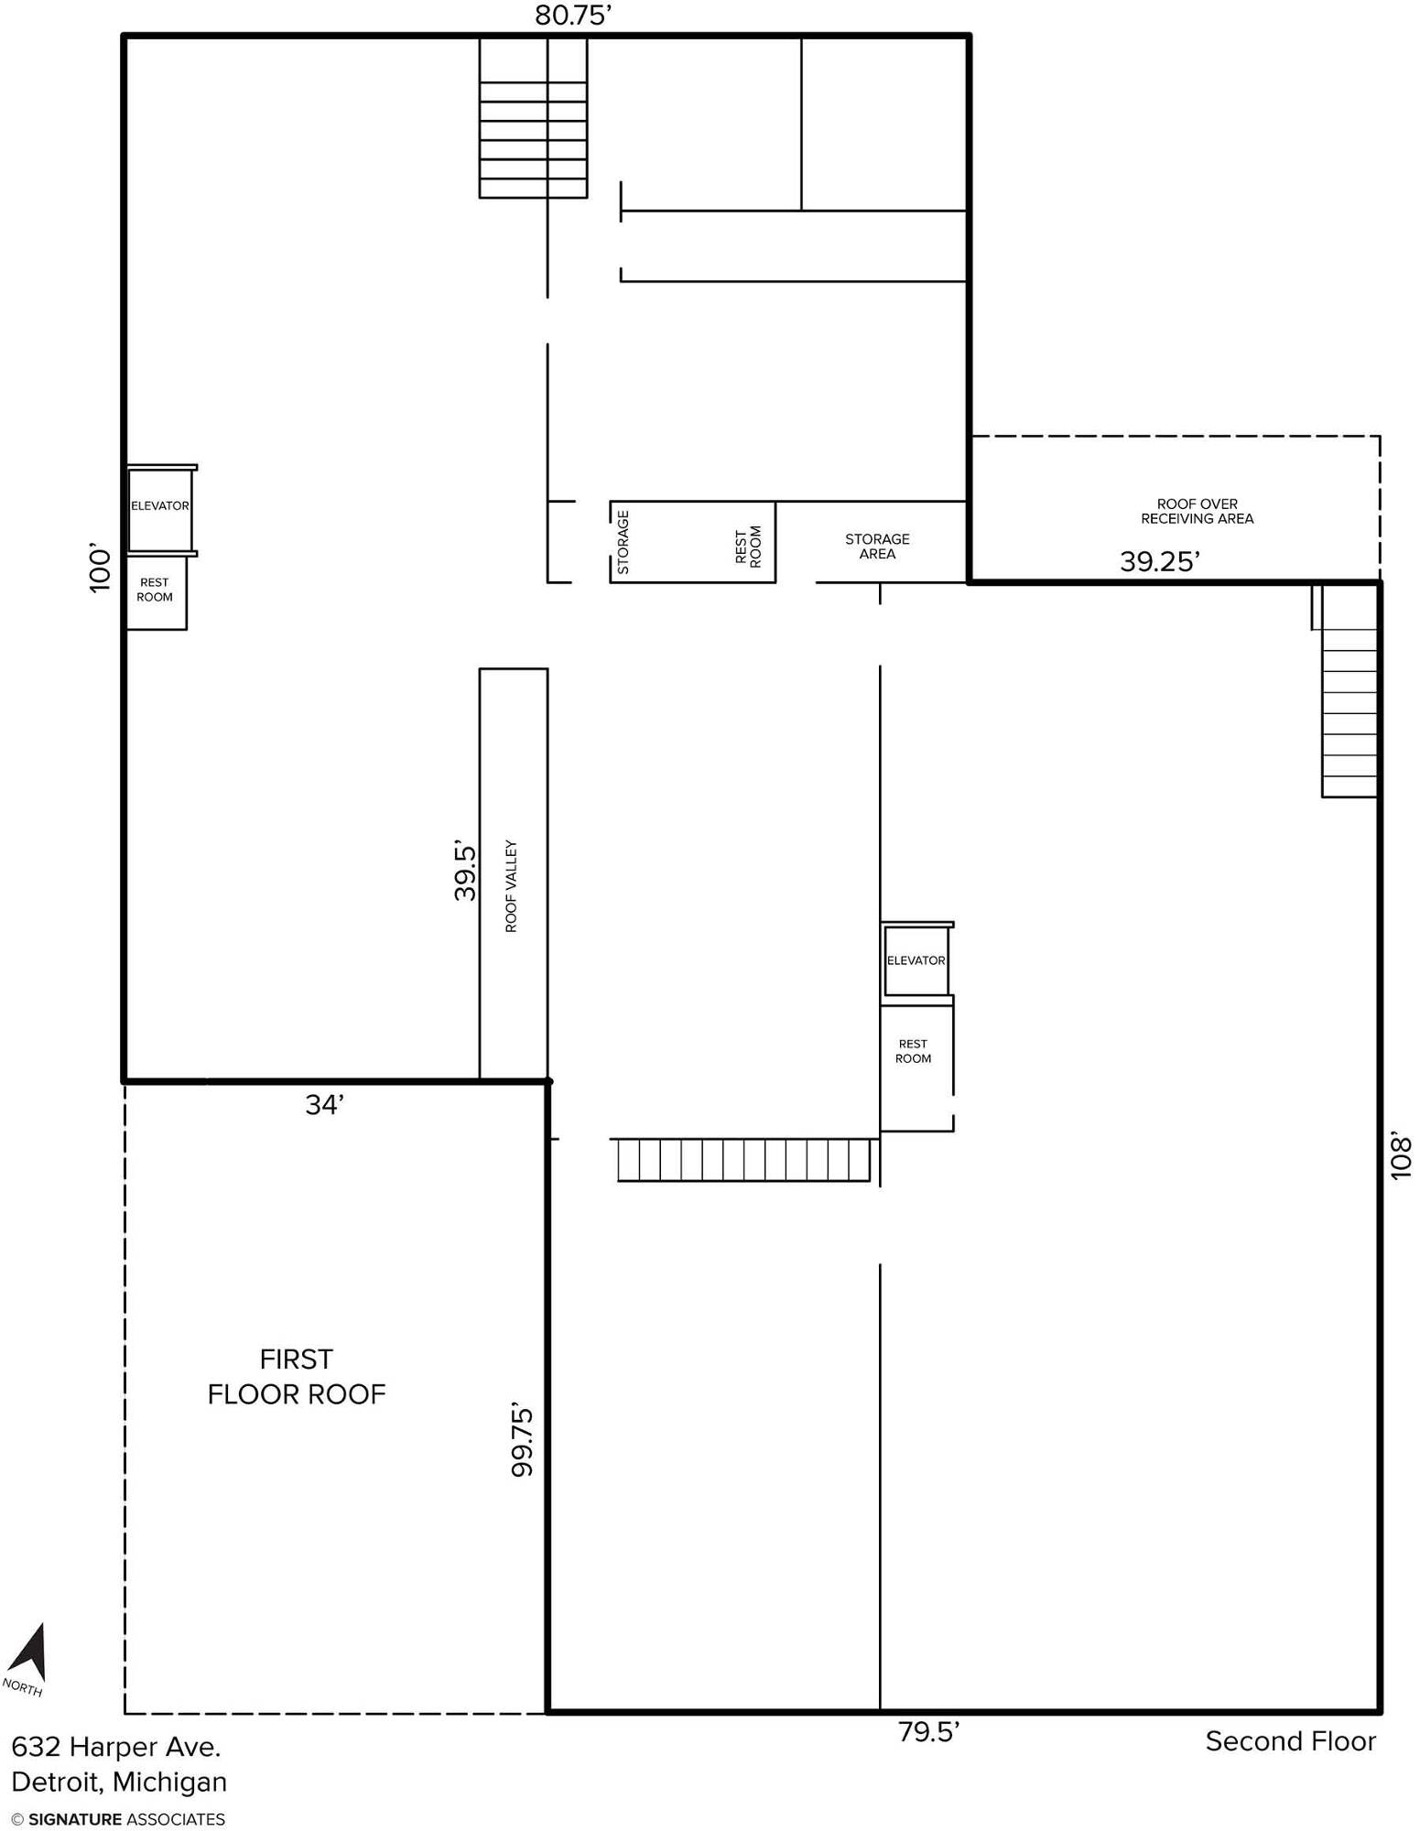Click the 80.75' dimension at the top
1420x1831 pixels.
tap(573, 16)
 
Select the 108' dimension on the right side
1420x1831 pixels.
tap(1402, 1157)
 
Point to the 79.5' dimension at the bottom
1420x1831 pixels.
tap(928, 1732)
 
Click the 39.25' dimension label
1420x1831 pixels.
tap(1160, 561)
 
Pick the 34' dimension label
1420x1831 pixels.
tap(324, 1105)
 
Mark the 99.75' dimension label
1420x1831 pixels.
tap(522, 1440)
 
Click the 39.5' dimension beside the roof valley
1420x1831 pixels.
tap(466, 872)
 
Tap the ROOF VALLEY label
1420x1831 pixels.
tap(511, 886)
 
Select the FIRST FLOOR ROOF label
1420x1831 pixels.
tap(297, 1376)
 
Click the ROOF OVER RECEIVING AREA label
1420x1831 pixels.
tap(1197, 511)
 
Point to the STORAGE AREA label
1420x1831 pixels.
tap(877, 547)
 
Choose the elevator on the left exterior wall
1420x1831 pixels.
tap(160, 510)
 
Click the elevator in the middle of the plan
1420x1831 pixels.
tap(916, 960)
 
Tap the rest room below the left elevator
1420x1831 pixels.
tap(156, 591)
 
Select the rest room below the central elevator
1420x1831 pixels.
tap(916, 1067)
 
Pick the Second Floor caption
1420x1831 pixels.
tap(1290, 1741)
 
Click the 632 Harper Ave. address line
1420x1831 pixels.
tap(116, 1747)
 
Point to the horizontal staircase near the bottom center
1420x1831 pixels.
tap(743, 1160)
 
